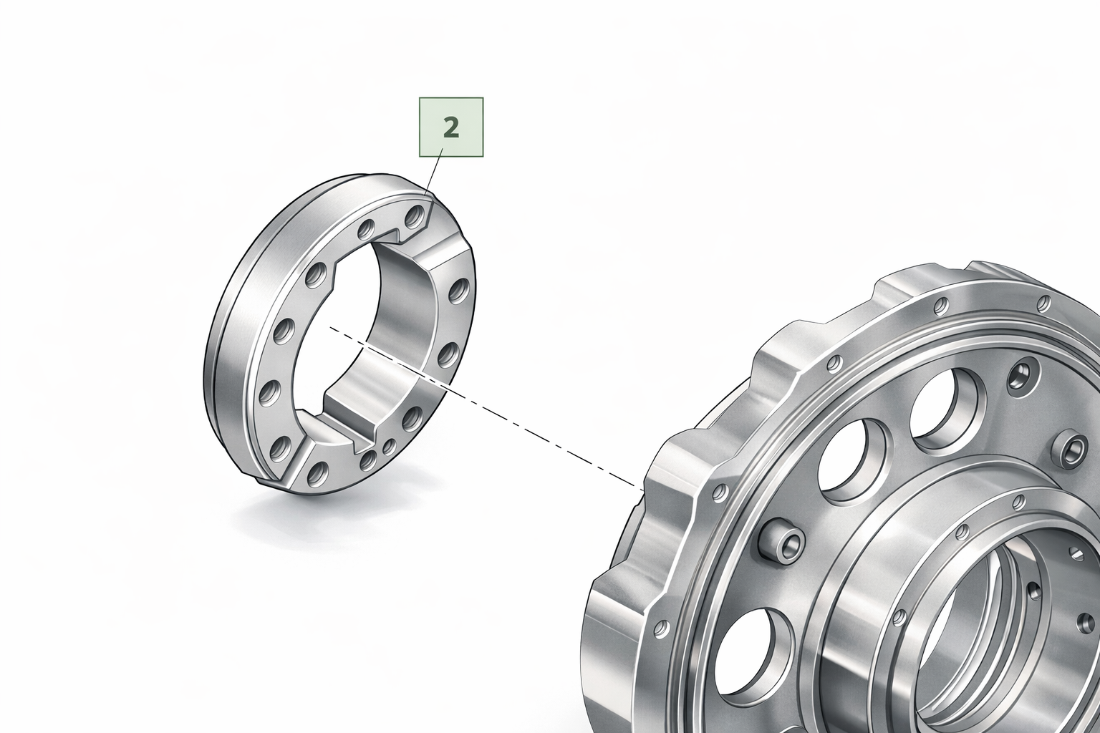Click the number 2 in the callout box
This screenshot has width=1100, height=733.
(x=450, y=127)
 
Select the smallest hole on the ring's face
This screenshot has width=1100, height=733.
(x=390, y=446)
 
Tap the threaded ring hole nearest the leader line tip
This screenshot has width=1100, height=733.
(x=415, y=215)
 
